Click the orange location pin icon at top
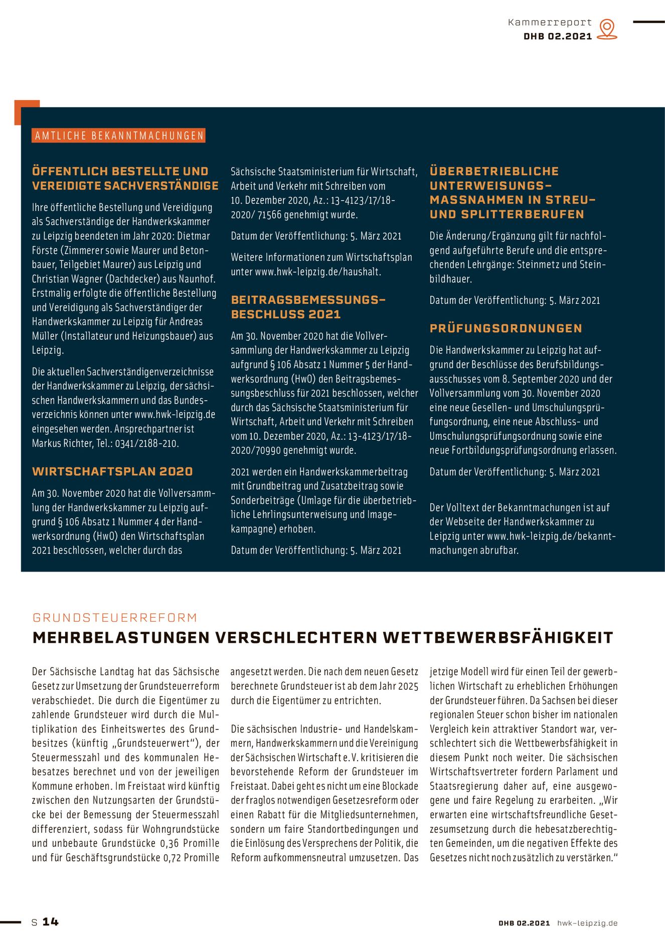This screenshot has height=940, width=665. pos(607,29)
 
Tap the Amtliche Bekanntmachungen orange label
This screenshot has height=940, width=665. pos(119,136)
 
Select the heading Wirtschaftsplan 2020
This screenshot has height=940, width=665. pos(112,471)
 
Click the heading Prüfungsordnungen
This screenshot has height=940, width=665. pos(506,328)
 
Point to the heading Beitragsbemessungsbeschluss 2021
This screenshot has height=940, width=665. pos(307,307)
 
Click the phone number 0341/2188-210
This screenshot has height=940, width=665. pos(147,443)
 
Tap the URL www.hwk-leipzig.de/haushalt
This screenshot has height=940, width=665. pos(318,272)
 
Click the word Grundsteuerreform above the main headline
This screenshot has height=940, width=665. pos(115,618)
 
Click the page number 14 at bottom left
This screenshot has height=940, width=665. pos(50,921)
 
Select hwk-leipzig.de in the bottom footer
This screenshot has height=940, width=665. pos(587,923)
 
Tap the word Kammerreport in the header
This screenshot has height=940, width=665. pos(550,23)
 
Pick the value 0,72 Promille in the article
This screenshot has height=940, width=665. pos(192,857)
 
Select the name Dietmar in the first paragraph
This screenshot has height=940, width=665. pos(194,236)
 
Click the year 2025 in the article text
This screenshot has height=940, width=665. pos(408,686)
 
